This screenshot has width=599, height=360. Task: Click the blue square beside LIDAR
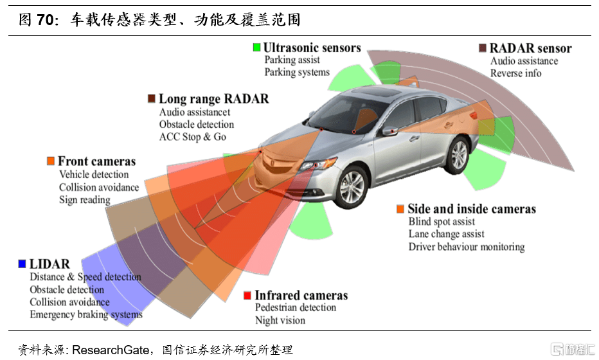click(22, 264)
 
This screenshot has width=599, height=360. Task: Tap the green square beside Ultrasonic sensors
click(256, 47)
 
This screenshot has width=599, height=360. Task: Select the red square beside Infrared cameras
click(247, 296)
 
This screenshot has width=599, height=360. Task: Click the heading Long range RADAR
click(213, 99)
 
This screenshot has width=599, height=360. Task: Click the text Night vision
click(280, 320)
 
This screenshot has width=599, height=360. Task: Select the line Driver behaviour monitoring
click(467, 247)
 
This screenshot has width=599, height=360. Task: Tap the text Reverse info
click(515, 73)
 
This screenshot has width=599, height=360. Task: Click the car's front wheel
click(352, 184)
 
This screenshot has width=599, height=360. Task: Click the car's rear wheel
click(459, 155)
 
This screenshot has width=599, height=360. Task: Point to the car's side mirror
click(391, 130)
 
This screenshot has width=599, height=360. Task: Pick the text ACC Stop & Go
click(193, 137)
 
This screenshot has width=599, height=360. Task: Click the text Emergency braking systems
click(86, 314)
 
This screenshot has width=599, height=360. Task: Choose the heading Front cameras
click(96, 161)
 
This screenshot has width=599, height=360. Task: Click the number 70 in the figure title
click(45, 20)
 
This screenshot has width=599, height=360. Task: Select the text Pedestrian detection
click(296, 307)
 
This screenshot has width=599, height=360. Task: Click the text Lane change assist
click(447, 234)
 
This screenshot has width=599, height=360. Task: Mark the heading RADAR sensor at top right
click(530, 48)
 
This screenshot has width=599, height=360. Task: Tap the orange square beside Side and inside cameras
click(400, 209)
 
